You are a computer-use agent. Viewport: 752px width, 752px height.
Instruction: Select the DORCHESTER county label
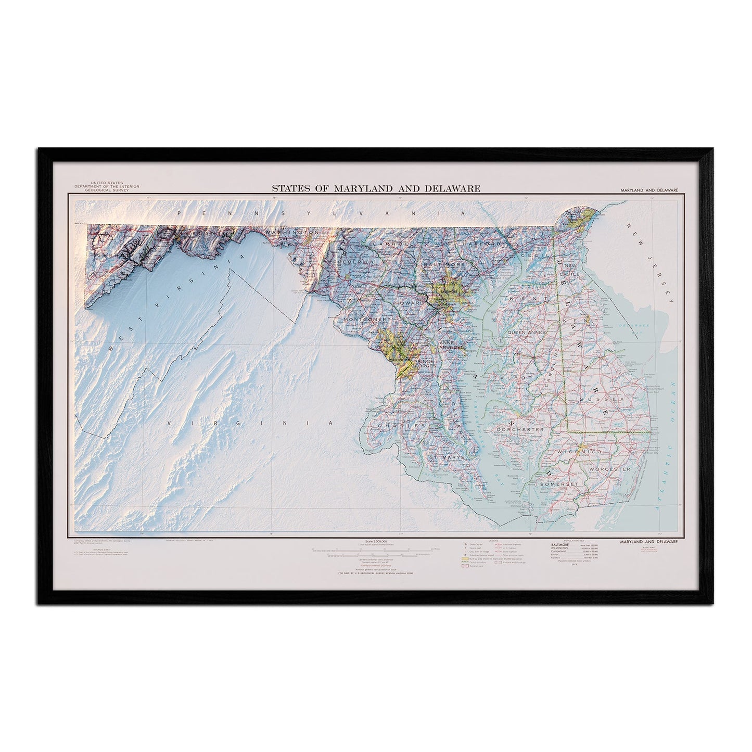[520, 430]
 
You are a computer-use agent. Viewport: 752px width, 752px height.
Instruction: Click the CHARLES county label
[398, 426]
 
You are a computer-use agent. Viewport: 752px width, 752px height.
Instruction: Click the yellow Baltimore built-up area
[448, 294]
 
